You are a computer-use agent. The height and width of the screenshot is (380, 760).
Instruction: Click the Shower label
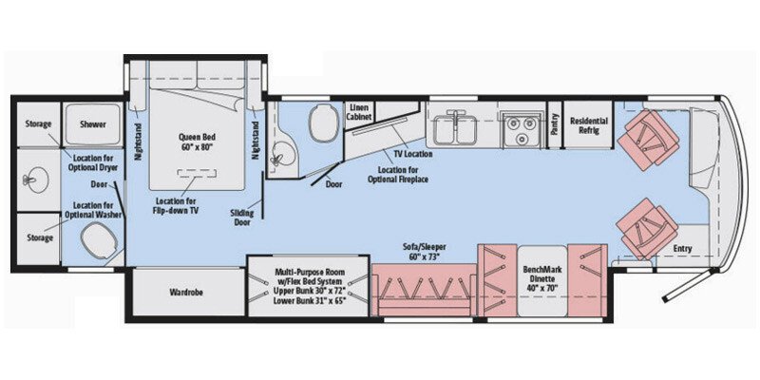93,124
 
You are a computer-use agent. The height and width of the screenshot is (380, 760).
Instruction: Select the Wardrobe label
187,293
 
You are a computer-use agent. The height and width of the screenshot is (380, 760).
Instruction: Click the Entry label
682,250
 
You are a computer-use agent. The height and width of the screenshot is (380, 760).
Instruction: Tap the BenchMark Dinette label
546,275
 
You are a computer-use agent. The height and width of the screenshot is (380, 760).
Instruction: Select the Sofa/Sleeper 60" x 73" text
425,252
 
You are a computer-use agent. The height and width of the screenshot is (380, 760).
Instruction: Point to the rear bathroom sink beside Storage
39,179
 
